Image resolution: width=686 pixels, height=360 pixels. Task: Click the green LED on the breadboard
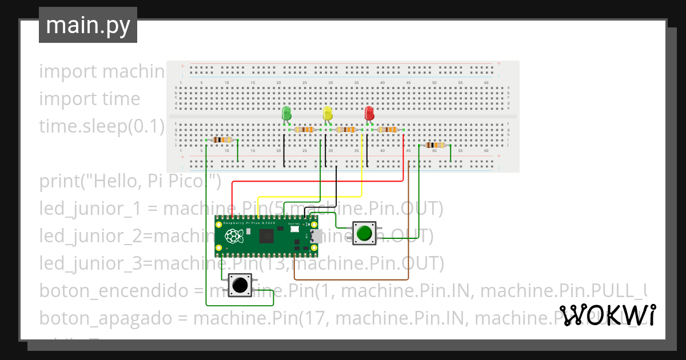click(x=287, y=113)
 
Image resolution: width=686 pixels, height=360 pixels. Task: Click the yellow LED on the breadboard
click(x=328, y=113)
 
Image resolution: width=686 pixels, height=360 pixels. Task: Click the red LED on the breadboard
click(x=369, y=113)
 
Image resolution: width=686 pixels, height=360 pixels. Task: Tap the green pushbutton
click(x=364, y=233)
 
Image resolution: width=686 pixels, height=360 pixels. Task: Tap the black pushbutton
click(x=240, y=285)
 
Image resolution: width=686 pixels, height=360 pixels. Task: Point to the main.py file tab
click(x=88, y=25)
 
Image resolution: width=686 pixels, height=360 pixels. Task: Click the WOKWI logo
click(x=608, y=315)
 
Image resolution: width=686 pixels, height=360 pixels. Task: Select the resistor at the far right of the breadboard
click(x=434, y=145)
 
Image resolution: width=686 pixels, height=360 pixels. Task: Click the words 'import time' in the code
click(x=89, y=99)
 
